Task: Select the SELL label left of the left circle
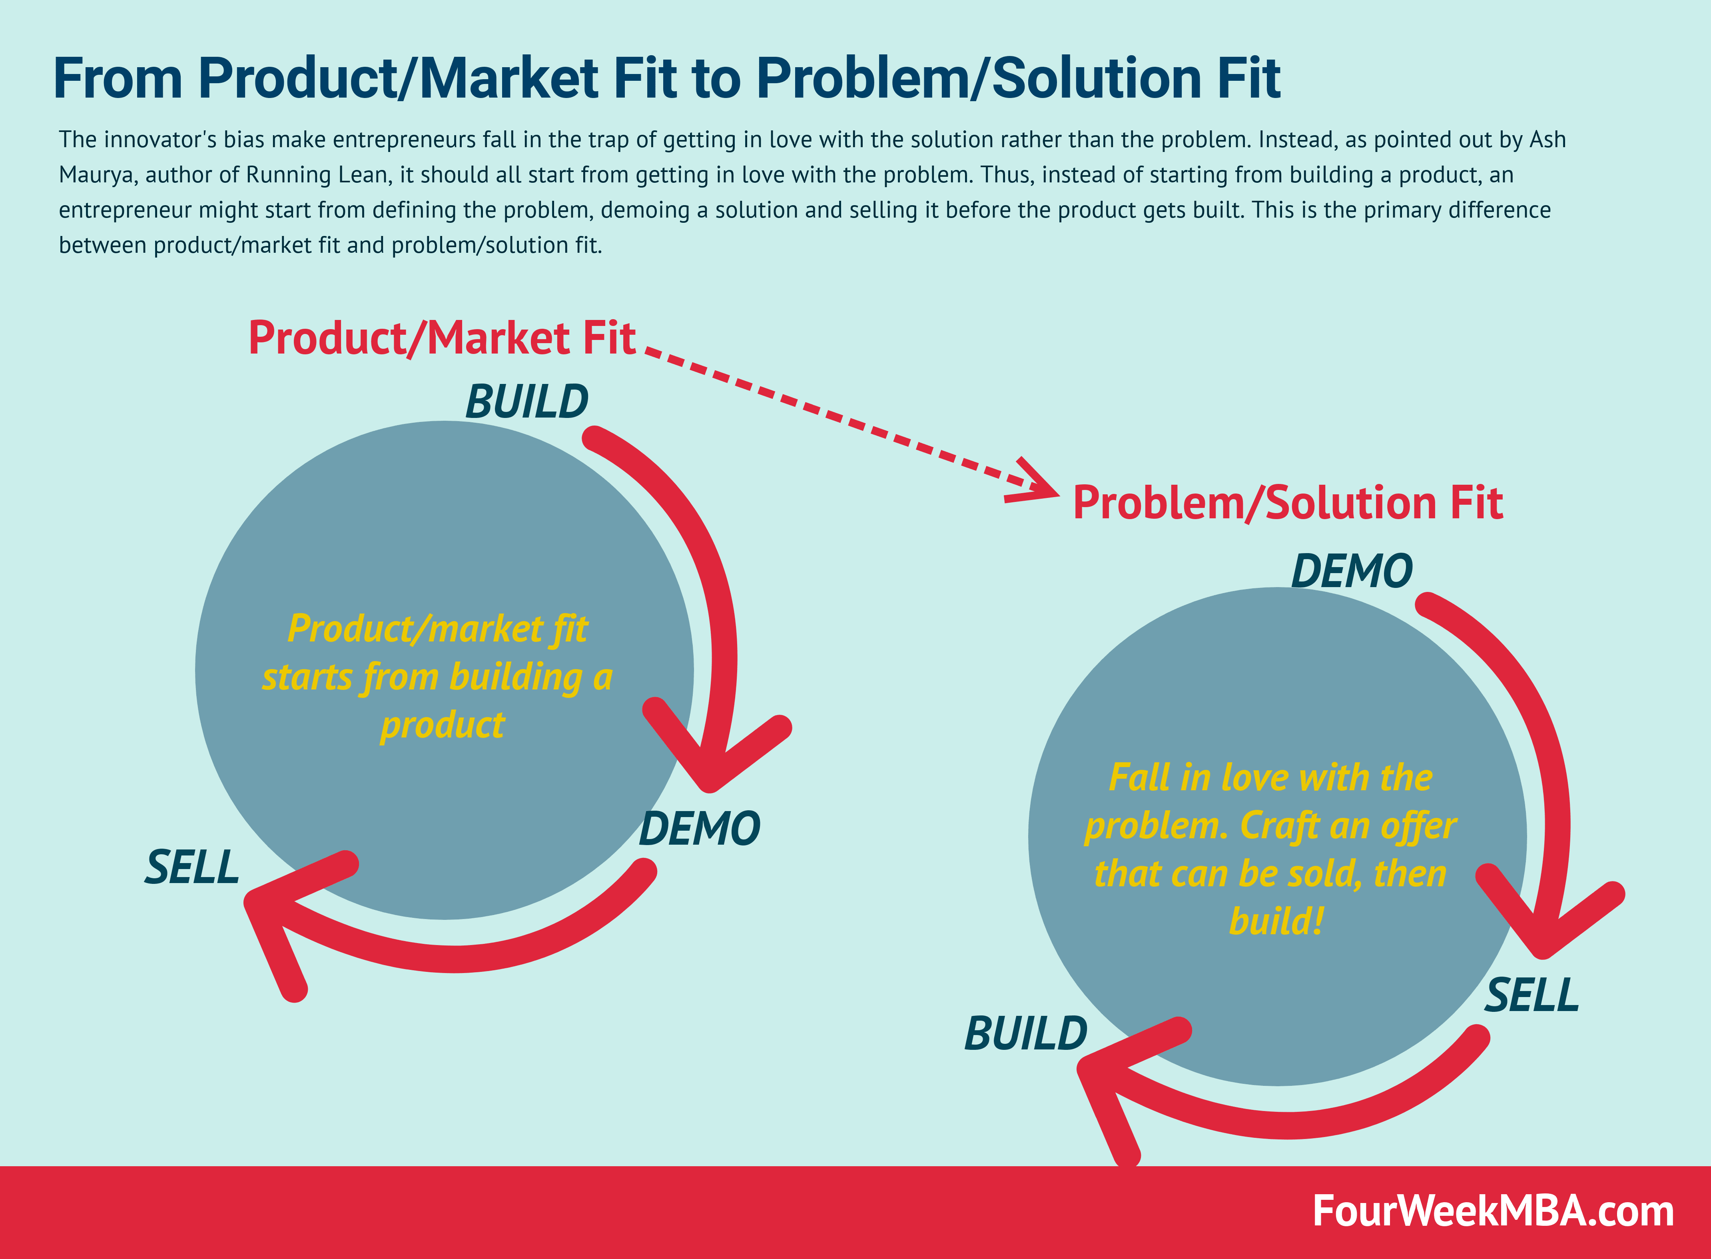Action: click(x=192, y=867)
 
